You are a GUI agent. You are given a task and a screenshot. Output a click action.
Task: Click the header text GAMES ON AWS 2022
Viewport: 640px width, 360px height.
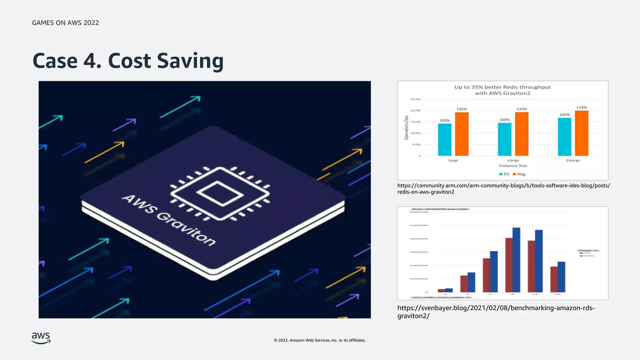[65, 23]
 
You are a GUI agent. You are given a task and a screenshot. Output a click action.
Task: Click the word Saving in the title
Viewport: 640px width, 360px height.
[190, 61]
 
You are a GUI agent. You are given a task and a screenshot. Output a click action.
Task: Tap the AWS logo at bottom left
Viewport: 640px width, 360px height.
[41, 338]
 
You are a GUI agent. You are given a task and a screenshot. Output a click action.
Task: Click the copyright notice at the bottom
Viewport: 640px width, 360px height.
[320, 340]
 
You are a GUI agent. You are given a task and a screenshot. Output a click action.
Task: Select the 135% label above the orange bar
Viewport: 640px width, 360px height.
[462, 109]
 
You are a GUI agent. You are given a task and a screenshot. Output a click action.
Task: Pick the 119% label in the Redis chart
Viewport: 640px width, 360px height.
[582, 107]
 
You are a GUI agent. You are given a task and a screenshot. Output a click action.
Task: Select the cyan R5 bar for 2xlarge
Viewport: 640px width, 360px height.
[564, 137]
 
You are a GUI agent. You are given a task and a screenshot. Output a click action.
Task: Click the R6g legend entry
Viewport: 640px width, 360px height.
[519, 174]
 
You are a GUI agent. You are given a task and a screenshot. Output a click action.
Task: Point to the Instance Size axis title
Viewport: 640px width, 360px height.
[513, 166]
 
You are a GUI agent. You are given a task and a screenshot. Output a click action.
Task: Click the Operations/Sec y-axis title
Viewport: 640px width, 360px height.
[406, 127]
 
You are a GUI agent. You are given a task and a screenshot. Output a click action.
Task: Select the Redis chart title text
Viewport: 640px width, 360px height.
[502, 90]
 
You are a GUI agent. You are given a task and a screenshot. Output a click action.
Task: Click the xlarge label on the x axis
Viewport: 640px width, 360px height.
[513, 160]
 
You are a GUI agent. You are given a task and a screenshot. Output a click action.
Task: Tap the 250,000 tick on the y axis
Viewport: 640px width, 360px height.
[415, 99]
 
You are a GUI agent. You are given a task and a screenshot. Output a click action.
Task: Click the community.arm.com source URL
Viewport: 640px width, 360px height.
[503, 189]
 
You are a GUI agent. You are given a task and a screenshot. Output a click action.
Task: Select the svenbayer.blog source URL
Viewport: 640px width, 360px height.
[496, 312]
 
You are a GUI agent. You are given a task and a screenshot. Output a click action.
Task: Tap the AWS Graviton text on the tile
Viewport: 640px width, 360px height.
[169, 220]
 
